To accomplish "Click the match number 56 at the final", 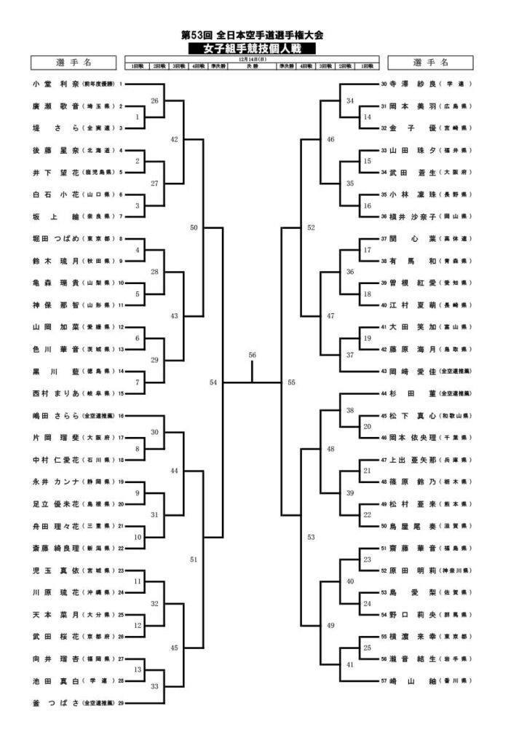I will point(253,355).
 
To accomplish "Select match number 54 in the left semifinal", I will point(213,382).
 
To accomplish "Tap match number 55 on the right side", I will point(291,382).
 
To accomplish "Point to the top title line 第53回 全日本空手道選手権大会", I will point(251,35).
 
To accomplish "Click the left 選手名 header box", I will point(71,62).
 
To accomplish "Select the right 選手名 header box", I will point(430,62).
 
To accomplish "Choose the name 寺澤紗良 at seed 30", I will point(411,84).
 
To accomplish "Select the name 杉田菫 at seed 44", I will point(411,393).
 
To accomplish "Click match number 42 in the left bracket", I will point(175,139).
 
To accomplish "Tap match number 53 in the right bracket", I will point(312,537).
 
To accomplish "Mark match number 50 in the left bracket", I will point(194,227).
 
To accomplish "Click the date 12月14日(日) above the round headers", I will point(251,60).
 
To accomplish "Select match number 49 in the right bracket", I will point(330,625).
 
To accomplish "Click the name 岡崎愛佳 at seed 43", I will point(411,372).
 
